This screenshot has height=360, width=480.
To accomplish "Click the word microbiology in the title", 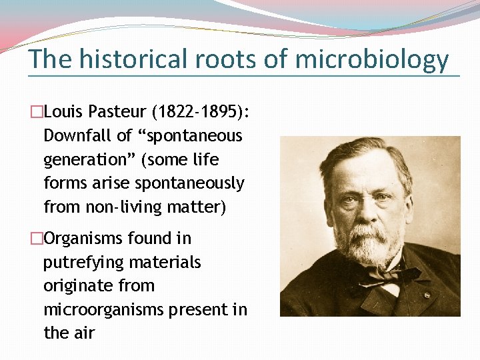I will pyautogui.click(x=371, y=59).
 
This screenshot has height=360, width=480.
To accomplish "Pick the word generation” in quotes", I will pyautogui.click(x=85, y=160).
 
